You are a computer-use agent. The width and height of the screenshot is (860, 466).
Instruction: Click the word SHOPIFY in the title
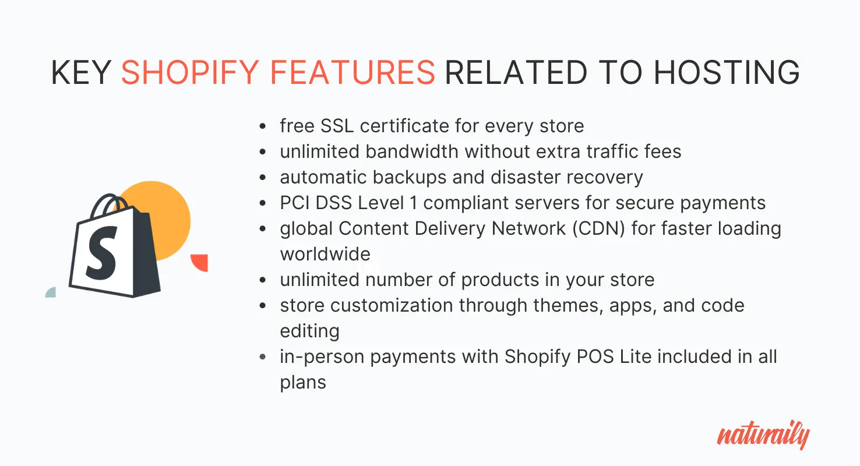click(190, 72)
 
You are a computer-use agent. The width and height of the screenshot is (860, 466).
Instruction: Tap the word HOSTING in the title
click(727, 72)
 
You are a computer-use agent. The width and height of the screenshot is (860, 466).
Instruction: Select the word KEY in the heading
click(81, 72)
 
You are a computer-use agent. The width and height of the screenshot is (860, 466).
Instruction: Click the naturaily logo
click(763, 435)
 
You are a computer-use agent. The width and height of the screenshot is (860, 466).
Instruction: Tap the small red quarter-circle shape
click(200, 263)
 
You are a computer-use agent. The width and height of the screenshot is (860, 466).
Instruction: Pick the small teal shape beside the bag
click(51, 292)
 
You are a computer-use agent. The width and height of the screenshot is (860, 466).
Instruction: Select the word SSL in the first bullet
click(337, 126)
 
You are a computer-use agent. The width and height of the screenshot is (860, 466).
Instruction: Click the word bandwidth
click(412, 151)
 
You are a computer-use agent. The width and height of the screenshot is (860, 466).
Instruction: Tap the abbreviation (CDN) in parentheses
click(598, 228)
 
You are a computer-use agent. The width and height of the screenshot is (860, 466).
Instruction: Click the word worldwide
click(325, 254)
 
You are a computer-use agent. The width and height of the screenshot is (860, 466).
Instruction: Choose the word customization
click(392, 306)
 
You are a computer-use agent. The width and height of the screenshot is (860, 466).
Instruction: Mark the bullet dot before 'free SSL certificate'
click(263, 126)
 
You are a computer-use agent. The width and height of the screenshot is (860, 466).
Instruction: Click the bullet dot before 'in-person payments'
click(263, 357)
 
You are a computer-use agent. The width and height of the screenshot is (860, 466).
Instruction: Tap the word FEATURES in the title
click(353, 72)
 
